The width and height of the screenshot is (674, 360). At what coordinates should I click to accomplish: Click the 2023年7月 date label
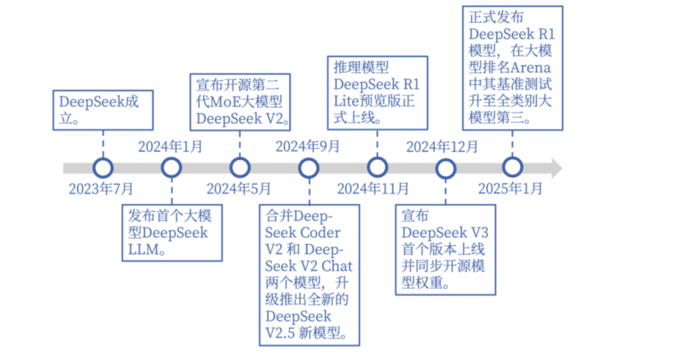pyautogui.click(x=101, y=189)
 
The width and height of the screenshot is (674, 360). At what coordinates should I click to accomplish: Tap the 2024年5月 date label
pyautogui.click(x=238, y=189)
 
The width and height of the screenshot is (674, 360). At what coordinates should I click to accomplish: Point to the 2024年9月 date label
pyautogui.click(x=308, y=146)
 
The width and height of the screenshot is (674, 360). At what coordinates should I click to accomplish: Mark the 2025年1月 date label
pyautogui.click(x=510, y=189)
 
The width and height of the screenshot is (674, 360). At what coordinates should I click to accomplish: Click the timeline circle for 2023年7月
pyautogui.click(x=103, y=168)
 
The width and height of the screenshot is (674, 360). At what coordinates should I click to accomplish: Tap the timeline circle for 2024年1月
pyautogui.click(x=171, y=168)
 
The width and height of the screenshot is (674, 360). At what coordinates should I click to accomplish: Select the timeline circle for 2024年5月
pyautogui.click(x=240, y=168)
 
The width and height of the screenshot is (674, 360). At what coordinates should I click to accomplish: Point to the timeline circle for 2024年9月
pyautogui.click(x=308, y=168)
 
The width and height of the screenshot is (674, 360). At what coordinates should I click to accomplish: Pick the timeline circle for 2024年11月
pyautogui.click(x=377, y=168)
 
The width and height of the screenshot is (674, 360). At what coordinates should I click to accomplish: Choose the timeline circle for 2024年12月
pyautogui.click(x=445, y=168)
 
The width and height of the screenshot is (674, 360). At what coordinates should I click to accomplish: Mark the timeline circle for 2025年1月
pyautogui.click(x=512, y=168)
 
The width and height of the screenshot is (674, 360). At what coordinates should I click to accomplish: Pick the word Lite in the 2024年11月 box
pyautogui.click(x=346, y=102)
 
